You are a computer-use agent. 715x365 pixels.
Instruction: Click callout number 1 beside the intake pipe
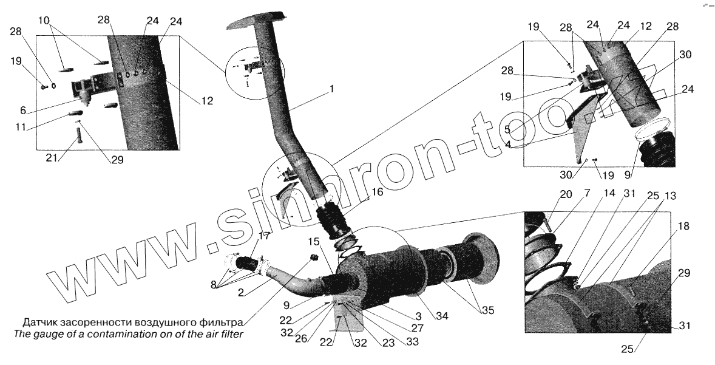pyautogui.click(x=331, y=89)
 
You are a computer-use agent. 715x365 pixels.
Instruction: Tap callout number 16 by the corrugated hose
pyautogui.click(x=377, y=193)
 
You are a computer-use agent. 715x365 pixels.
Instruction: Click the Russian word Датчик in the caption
pyautogui.click(x=41, y=321)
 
